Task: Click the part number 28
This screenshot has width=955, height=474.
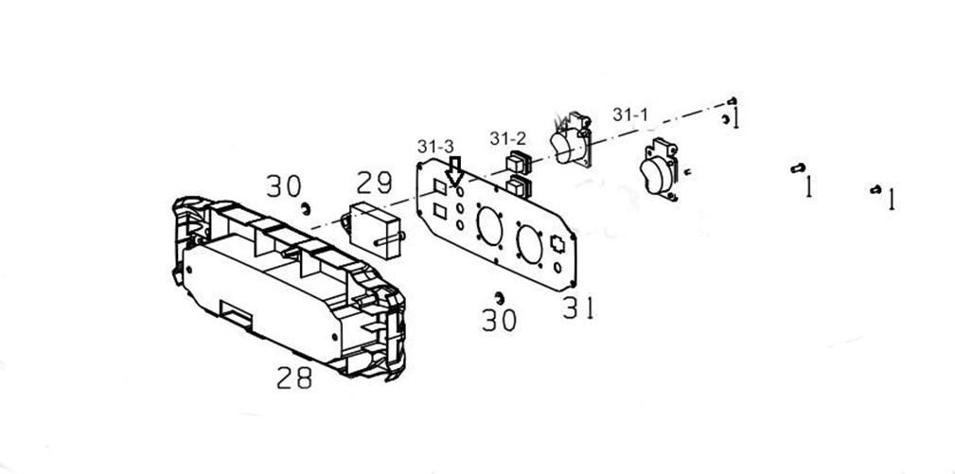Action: [294, 378]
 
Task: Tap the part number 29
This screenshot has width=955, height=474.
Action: [374, 183]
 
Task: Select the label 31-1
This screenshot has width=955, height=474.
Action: [630, 114]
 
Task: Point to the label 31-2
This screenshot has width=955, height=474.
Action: [507, 138]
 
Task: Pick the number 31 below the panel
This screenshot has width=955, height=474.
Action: [577, 307]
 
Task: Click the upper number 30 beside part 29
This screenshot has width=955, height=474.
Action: [283, 186]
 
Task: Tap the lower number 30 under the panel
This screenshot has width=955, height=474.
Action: [499, 320]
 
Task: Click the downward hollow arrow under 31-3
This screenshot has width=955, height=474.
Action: [455, 171]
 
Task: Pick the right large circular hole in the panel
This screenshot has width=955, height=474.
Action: [530, 243]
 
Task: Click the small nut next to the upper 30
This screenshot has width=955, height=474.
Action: [306, 207]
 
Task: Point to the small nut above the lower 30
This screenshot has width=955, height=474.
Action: [498, 298]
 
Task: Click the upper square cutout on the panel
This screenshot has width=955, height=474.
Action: [439, 187]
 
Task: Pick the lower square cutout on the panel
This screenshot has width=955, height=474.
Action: [439, 210]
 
